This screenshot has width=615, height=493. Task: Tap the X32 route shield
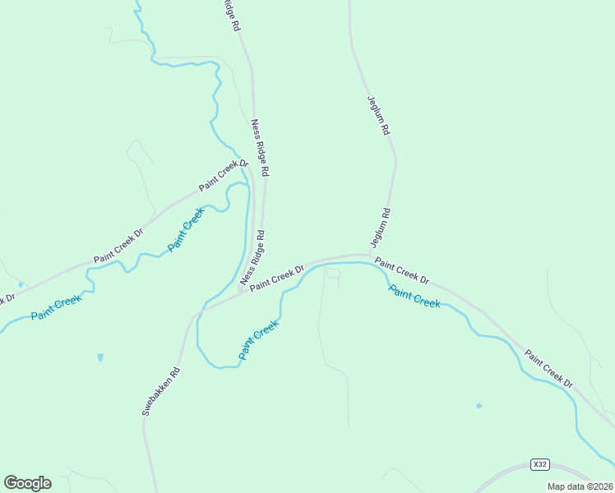pos(539,464)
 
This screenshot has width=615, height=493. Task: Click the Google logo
pos(27,483)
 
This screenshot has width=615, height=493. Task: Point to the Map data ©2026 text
pos(580,486)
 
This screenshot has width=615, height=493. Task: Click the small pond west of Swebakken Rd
pos(100,357)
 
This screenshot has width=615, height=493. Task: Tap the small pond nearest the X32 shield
pos(479,406)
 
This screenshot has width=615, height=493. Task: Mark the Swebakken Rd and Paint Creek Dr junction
pos(195,315)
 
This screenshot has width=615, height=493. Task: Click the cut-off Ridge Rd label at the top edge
pos(233,15)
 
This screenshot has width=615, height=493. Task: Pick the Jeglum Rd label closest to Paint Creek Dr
pos(380,228)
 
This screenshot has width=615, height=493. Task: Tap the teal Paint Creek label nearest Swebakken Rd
pos(259,339)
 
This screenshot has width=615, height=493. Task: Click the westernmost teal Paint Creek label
pos(57,307)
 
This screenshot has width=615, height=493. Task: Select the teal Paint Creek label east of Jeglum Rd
pos(414,296)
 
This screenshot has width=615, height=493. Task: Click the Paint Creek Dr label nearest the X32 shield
pos(548,370)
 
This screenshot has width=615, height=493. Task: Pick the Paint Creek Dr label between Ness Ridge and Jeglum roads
pos(277,277)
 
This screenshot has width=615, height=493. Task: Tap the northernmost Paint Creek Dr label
pos(223,175)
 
